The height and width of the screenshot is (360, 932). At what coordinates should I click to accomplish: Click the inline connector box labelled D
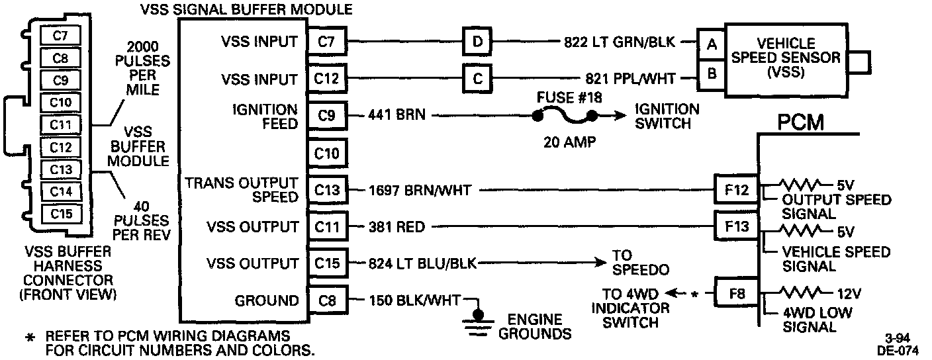coord(477,42)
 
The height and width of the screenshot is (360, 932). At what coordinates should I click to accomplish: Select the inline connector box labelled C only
coord(477,79)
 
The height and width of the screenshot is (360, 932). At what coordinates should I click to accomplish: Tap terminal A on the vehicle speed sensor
coord(712,44)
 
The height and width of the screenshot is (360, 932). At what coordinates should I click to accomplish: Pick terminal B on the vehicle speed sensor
coord(712,73)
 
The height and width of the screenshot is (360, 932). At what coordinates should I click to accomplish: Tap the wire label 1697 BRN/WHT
coord(420,191)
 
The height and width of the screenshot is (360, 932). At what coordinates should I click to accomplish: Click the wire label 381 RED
coord(397,228)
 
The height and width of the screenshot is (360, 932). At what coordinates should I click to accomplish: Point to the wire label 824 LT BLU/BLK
coord(422,264)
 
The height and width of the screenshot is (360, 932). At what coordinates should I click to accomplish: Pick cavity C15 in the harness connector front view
coord(60,213)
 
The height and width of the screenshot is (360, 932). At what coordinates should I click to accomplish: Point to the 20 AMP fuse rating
coord(564,141)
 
